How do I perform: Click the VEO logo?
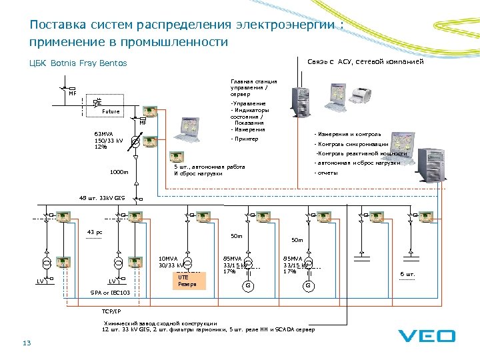pyautogui.click(x=427, y=336)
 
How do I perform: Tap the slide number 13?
pyautogui.click(x=27, y=343)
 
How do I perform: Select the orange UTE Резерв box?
pyautogui.click(x=188, y=281)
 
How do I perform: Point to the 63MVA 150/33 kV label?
pyautogui.click(x=109, y=141)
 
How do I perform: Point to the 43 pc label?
pyautogui.click(x=95, y=232)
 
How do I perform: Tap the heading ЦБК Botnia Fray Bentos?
pyautogui.click(x=78, y=63)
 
